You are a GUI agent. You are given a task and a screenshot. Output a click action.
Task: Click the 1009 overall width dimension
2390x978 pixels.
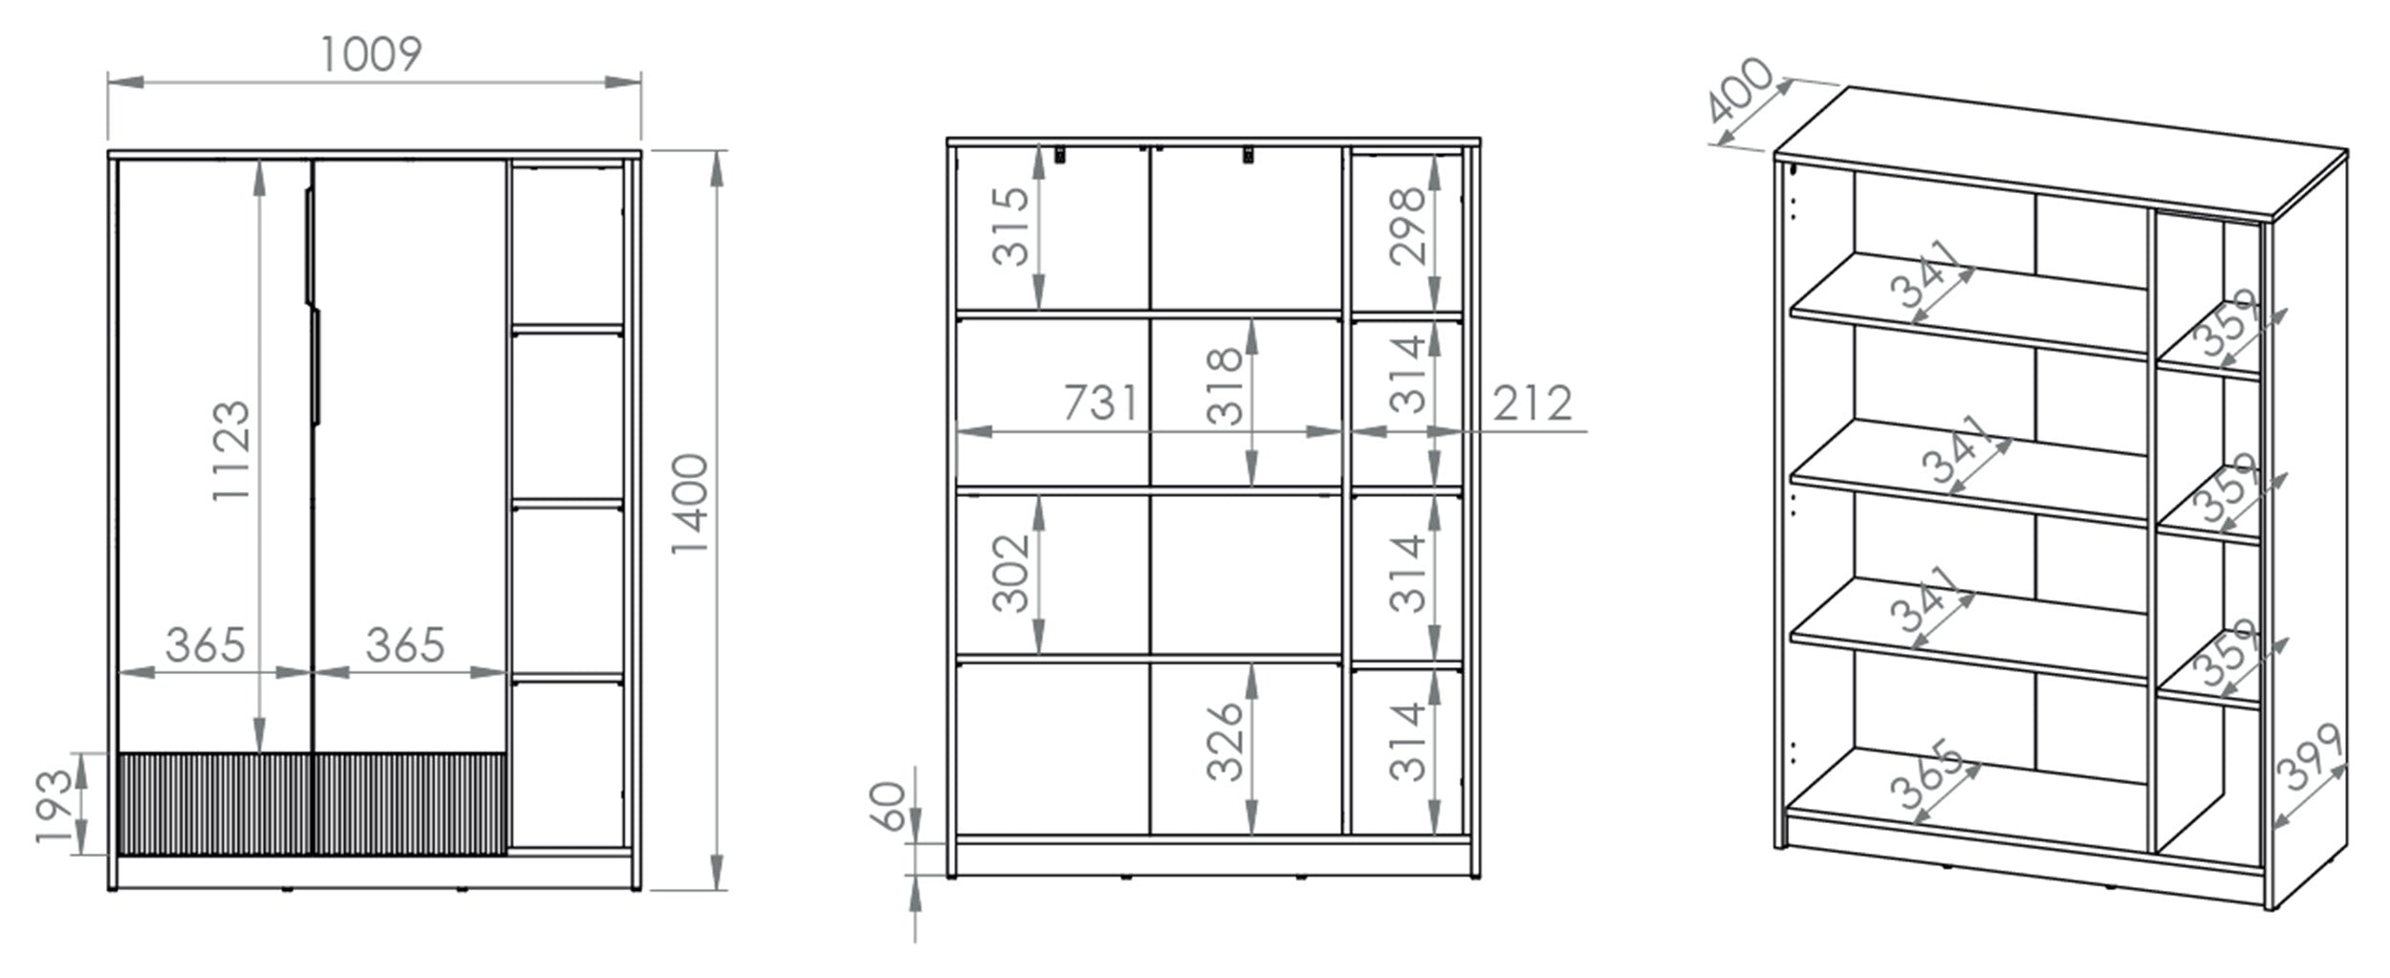point(371,54)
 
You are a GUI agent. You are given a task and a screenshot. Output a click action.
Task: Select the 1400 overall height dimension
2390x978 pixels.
point(690,504)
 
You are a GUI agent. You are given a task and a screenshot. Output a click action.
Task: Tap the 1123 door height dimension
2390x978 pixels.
point(232,450)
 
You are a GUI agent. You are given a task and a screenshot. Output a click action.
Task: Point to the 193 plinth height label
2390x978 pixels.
point(54,807)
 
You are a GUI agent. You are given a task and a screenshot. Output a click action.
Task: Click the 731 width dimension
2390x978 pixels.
point(1101,402)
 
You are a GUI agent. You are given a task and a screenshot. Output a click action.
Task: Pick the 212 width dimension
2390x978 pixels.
point(1532,403)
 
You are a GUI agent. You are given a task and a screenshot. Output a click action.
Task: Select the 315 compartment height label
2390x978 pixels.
point(1011,227)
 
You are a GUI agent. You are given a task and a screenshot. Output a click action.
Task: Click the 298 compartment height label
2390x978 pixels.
point(1408,227)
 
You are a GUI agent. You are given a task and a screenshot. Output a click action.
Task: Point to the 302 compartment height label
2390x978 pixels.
point(1011,574)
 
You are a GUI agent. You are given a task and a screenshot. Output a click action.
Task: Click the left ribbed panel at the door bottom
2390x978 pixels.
point(215,803)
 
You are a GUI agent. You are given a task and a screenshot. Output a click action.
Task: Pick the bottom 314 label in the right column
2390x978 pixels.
point(1408,742)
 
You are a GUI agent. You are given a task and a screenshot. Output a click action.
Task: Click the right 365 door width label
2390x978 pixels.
point(405,646)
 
